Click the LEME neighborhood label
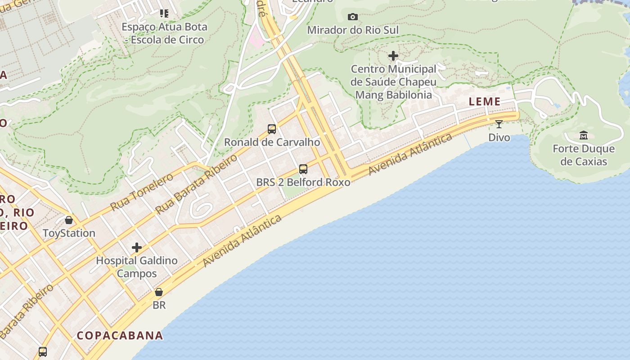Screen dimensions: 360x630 (x=485, y=102)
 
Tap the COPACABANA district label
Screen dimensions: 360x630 (x=120, y=336)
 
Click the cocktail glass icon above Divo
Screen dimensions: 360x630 (x=499, y=124)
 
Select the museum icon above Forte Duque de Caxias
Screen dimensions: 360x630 (x=584, y=135)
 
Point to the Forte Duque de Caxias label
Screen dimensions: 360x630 (x=583, y=155)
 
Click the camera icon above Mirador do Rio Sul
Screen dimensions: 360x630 (x=353, y=17)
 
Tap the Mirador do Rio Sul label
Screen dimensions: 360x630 (x=353, y=30)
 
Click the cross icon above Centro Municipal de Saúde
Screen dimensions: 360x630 (x=393, y=56)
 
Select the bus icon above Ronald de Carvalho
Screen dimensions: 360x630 (x=272, y=129)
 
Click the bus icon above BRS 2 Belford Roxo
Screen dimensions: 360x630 (x=303, y=169)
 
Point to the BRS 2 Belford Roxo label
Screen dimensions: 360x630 (x=303, y=182)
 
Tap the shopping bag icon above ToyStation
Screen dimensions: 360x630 (x=69, y=220)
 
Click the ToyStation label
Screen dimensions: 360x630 (x=69, y=233)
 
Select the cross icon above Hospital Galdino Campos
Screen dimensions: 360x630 (x=137, y=247)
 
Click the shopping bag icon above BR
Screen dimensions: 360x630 (x=159, y=292)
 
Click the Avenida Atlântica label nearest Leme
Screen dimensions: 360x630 (x=410, y=154)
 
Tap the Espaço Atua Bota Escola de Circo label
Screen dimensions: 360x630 (x=164, y=33)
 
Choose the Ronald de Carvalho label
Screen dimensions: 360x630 (x=272, y=142)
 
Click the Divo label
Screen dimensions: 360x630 (x=499, y=137)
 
